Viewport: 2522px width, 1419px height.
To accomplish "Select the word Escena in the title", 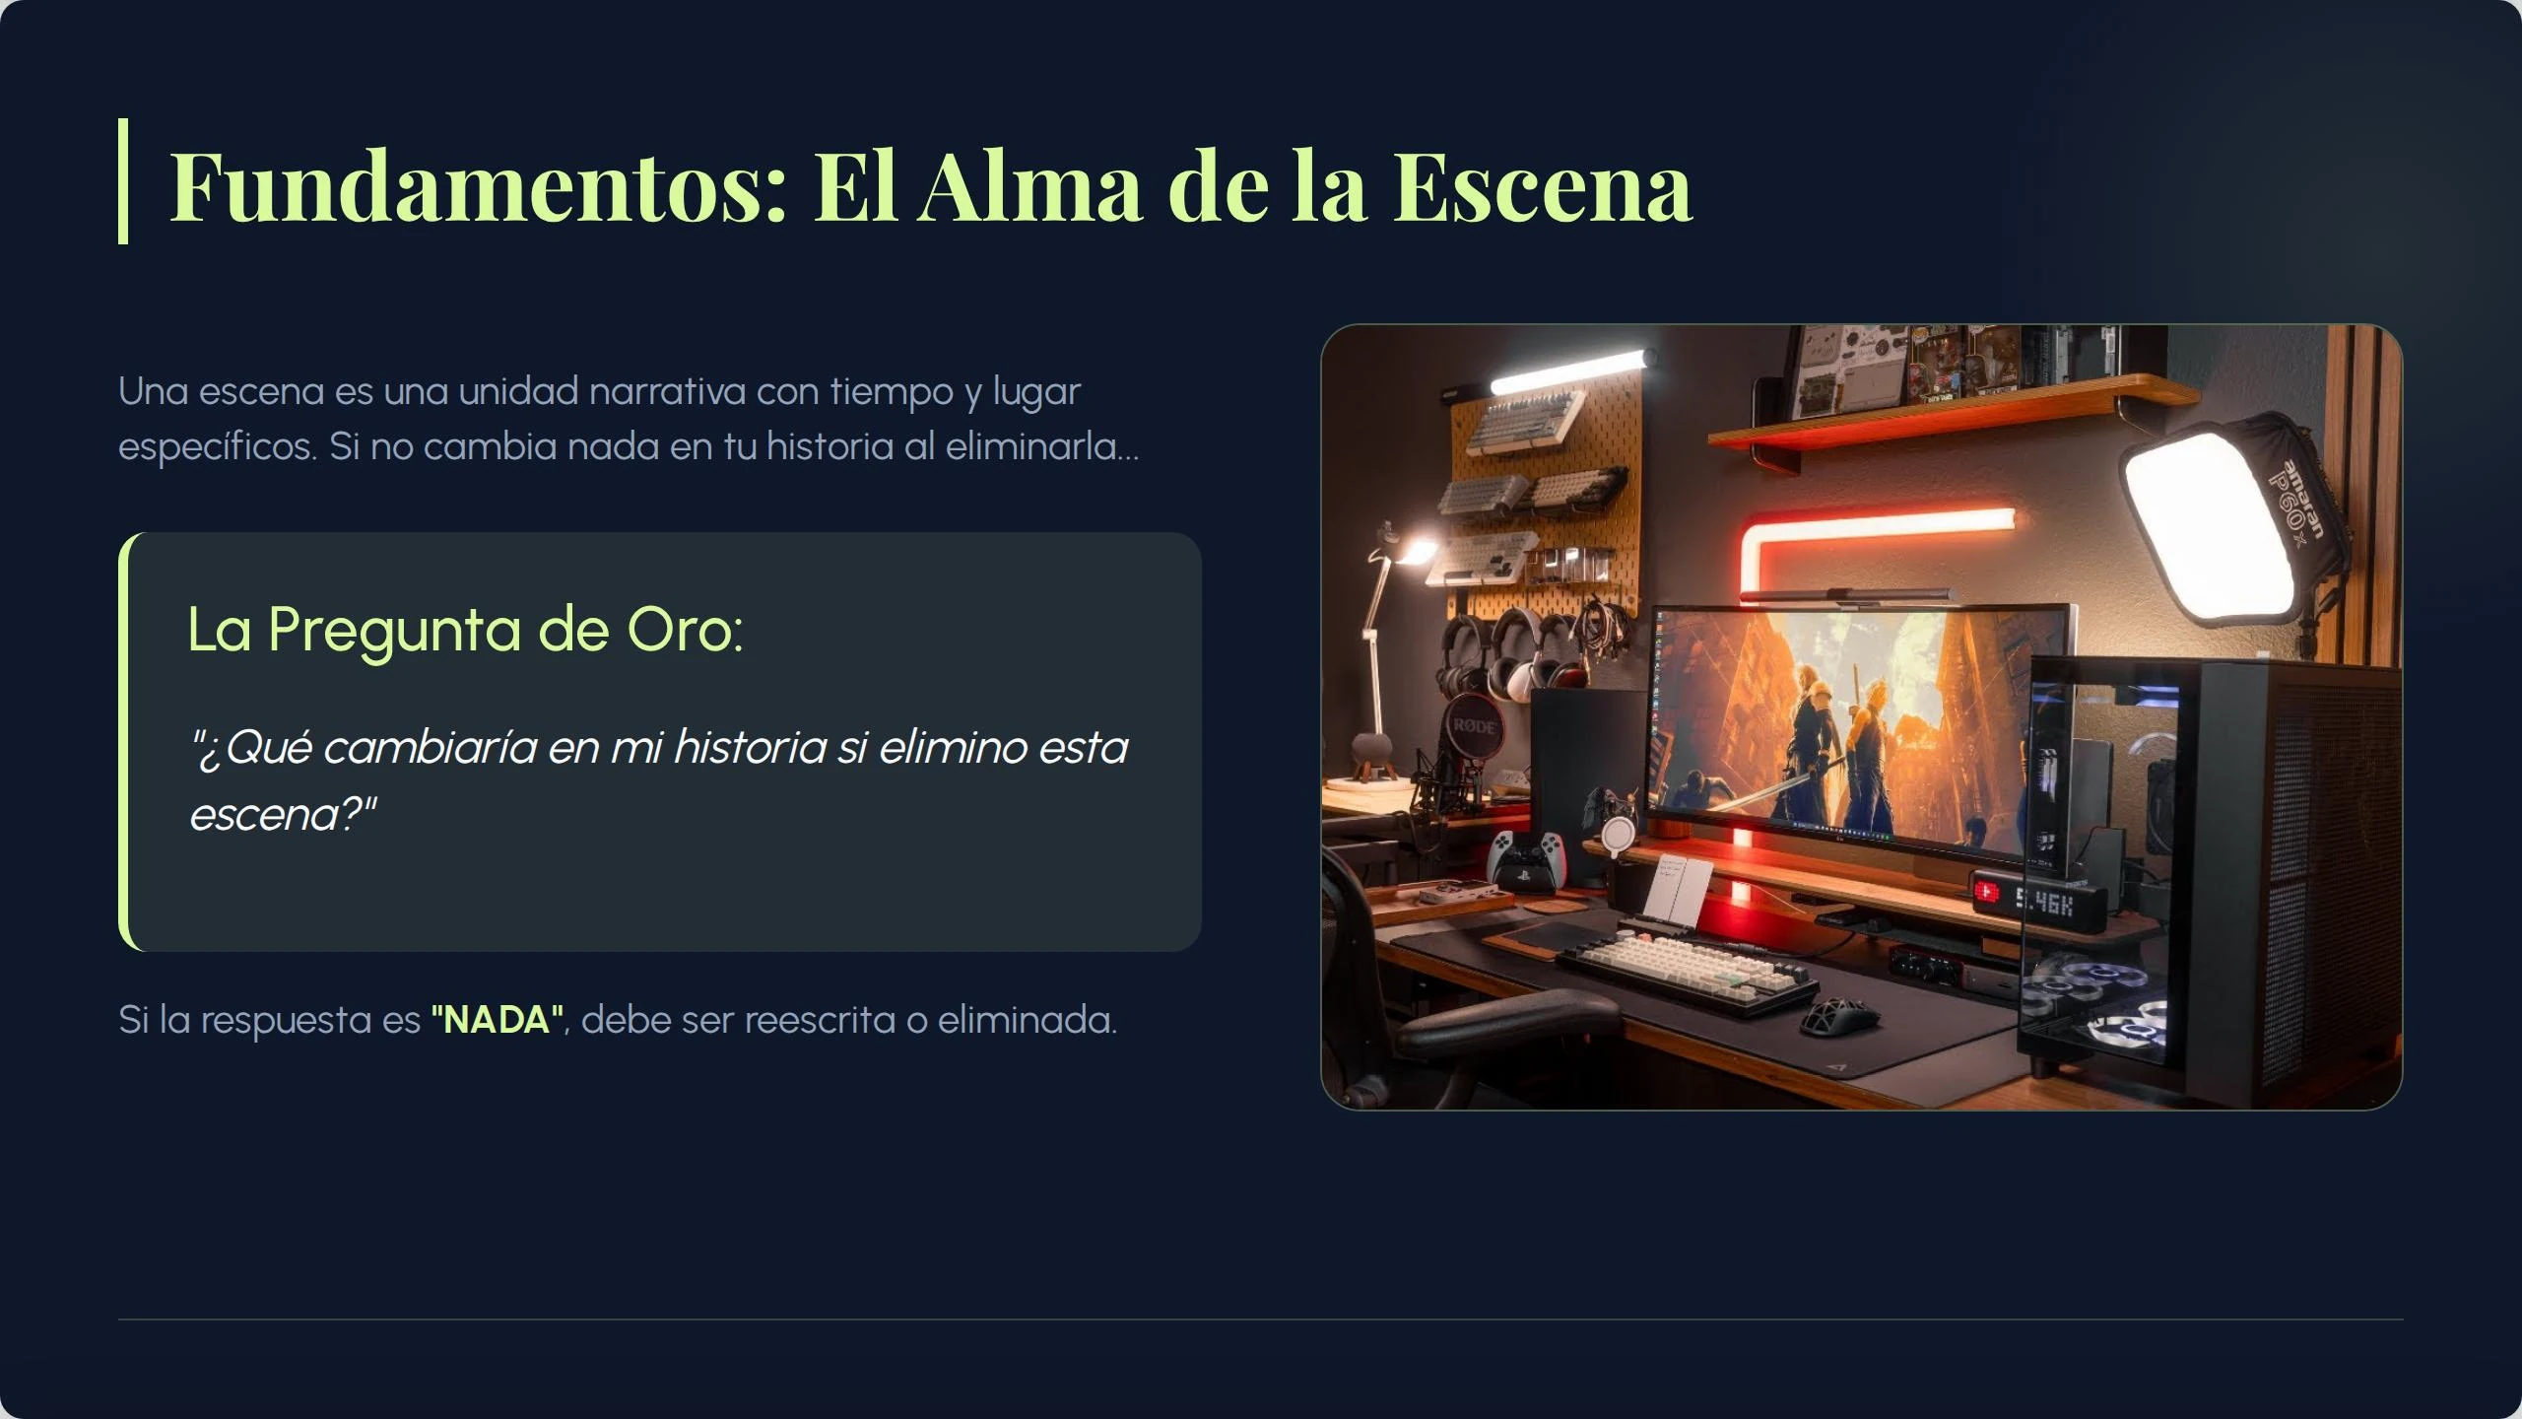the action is (1542, 186).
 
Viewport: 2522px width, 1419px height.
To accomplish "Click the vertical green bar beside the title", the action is (123, 181).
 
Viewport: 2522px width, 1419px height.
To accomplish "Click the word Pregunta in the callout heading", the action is (394, 631).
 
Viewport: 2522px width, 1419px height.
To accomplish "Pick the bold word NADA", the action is (498, 1020).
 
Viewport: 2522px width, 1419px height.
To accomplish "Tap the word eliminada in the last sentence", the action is (1027, 1020).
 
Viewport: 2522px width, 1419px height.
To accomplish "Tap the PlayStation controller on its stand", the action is (1524, 855).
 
